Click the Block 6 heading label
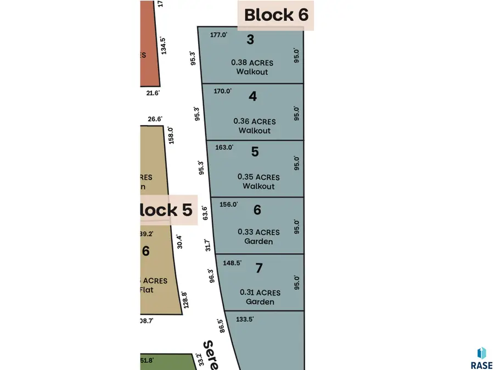coord(276,15)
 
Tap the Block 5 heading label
coord(164,210)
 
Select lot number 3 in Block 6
coord(250,39)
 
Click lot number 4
coord(252,96)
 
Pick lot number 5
coord(255,152)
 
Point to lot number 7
coord(260,269)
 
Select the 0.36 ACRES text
coord(255,121)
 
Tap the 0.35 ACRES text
coord(259,177)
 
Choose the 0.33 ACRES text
coord(259,232)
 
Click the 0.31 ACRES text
coord(260,293)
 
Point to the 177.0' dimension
coord(218,35)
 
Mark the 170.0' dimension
coord(222,91)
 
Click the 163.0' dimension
coord(224,147)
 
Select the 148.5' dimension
coord(232,263)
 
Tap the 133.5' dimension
coord(244,319)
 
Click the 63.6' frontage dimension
coord(205,212)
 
